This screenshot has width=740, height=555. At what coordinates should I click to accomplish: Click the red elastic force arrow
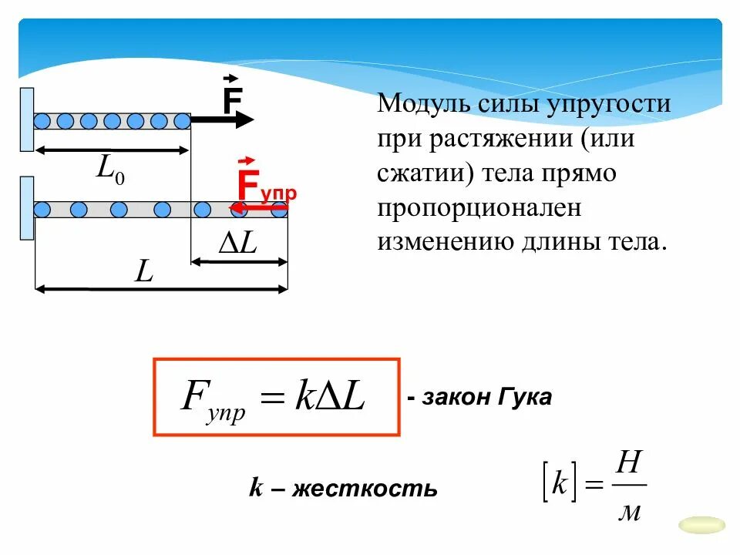258,207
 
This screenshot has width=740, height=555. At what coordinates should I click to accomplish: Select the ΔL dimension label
238,244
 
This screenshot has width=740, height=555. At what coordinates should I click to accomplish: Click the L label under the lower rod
143,271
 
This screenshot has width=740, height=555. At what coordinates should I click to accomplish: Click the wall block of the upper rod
27,119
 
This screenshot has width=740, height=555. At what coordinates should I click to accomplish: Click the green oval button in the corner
701,525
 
